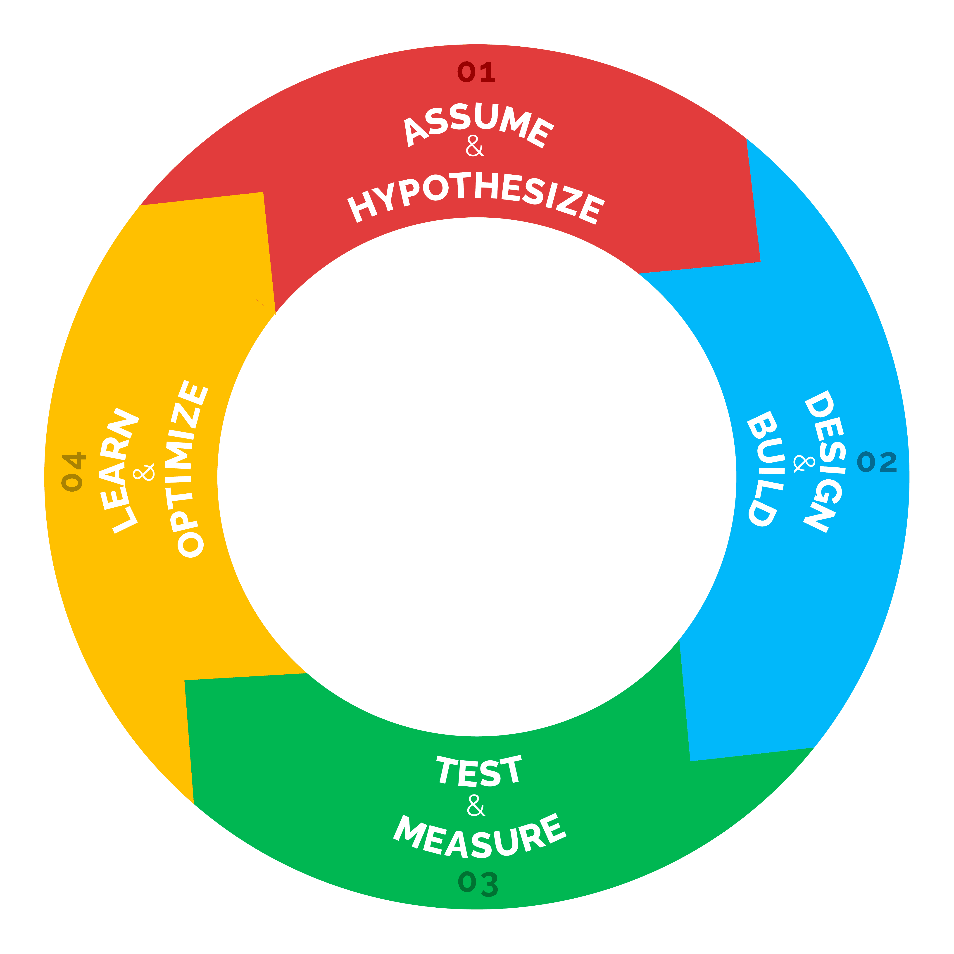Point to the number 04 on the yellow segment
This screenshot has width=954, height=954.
[73, 471]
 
